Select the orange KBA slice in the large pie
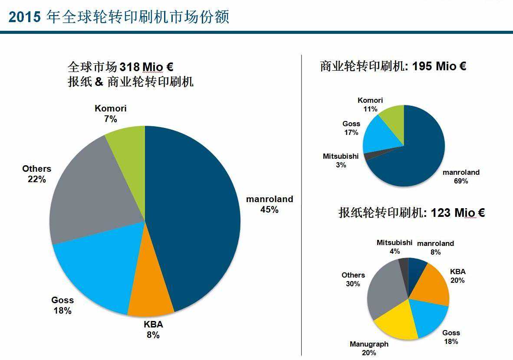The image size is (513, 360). (150, 295)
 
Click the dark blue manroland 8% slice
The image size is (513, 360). (417, 267)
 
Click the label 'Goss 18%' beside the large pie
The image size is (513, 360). (62, 305)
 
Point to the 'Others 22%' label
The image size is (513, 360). (37, 173)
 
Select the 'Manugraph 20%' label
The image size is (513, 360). (369, 348)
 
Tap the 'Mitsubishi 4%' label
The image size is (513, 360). (394, 246)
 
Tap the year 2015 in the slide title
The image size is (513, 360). (24, 17)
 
